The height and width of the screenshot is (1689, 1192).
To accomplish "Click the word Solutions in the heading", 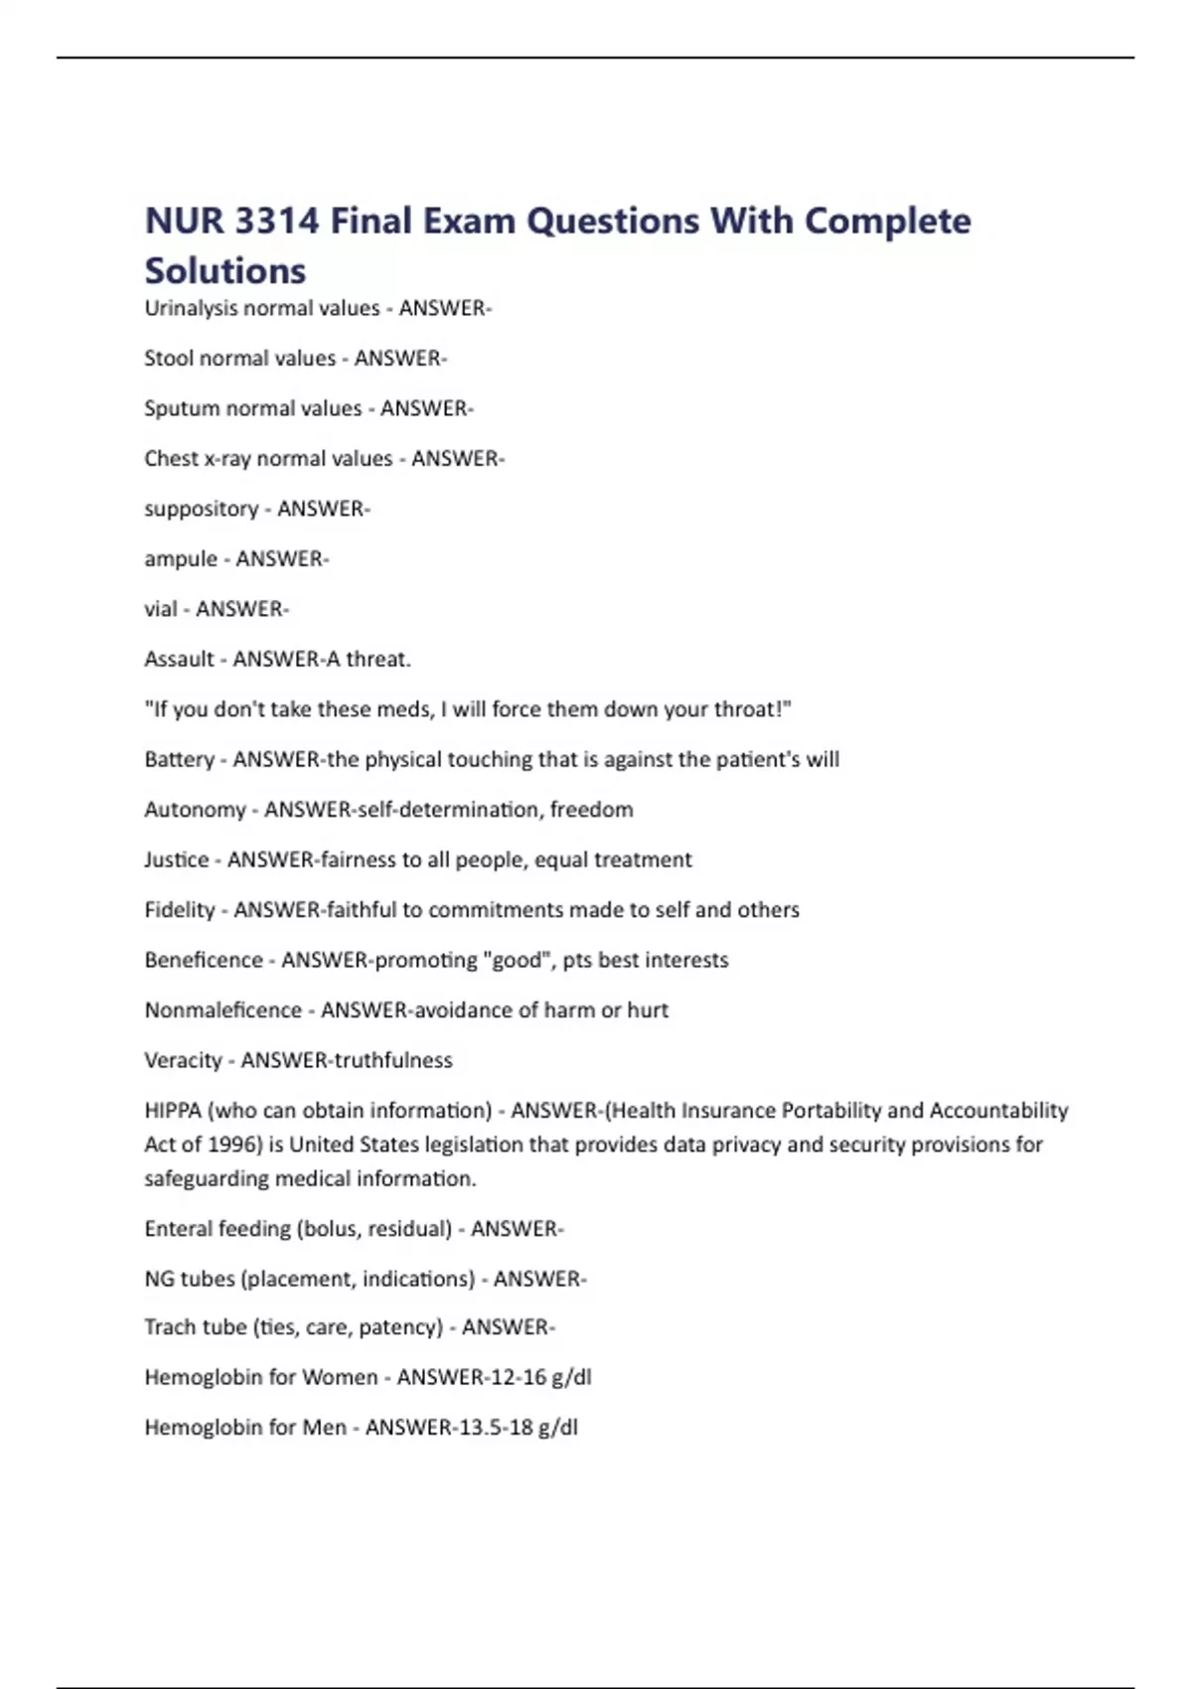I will coord(225,270).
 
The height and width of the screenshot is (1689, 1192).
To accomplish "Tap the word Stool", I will coord(169,359).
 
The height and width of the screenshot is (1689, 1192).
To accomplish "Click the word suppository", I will coord(201,510).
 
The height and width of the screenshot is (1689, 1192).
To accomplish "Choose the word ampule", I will coord(181,559).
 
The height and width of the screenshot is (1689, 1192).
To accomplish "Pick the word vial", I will coord(161,609).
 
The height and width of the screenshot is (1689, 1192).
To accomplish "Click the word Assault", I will coord(180,659).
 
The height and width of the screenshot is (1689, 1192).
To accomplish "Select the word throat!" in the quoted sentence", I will coord(753,709).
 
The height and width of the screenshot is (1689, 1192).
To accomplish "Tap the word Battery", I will coord(180,760).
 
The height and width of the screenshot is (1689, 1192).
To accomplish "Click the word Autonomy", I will coord(195,810).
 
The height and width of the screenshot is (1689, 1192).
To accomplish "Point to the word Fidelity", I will coord(180,910).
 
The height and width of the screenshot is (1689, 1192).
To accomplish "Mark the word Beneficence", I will coord(204,960).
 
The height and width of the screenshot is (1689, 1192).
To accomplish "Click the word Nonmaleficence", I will coord(223,1010).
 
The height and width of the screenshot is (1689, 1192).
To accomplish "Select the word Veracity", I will coord(184,1060).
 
